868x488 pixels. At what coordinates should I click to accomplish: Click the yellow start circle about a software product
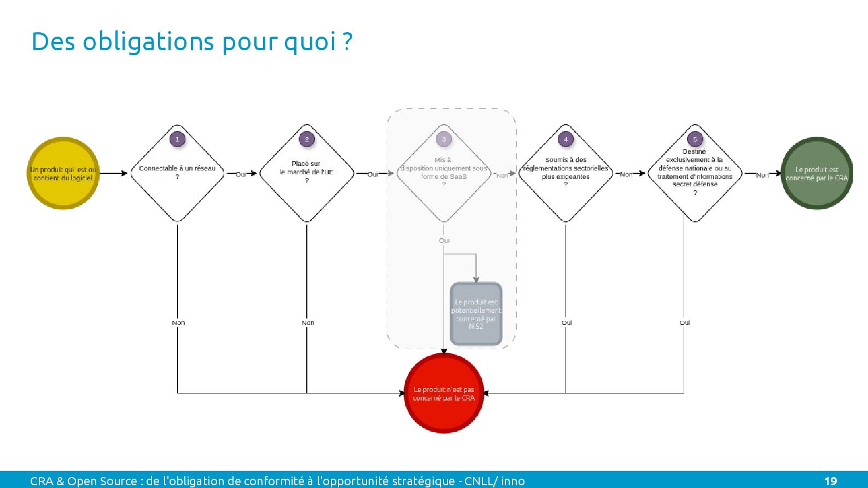coord(63,173)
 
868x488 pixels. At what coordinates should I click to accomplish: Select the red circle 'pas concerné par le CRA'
coord(444,393)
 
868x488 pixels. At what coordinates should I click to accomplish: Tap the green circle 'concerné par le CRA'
coord(817,173)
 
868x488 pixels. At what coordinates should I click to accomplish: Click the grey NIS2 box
coord(476,314)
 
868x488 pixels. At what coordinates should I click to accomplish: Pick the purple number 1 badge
coord(177,139)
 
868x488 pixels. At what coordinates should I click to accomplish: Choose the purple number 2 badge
coord(307,139)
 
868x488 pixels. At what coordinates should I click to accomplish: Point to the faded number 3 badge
coord(444,139)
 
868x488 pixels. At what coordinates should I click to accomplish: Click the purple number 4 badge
coord(566,139)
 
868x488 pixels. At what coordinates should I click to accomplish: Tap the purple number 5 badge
coord(695,139)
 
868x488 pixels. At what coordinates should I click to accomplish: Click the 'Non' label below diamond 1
coord(178,323)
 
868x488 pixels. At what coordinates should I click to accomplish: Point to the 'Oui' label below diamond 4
coord(567,323)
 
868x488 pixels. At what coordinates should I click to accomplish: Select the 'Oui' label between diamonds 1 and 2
coord(241,174)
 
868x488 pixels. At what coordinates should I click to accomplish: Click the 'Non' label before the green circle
coord(762,175)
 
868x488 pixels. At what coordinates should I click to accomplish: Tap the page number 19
coord(830,481)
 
